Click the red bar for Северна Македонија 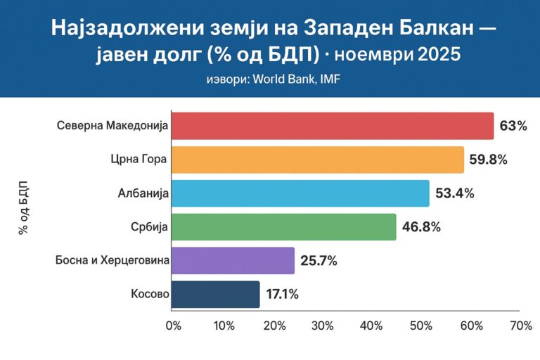(x=333, y=126)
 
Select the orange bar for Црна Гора (x=318, y=160)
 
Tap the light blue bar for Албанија (x=300, y=193)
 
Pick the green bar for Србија (x=284, y=226)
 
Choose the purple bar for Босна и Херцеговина (x=233, y=260)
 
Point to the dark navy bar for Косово (x=216, y=294)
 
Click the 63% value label (x=513, y=126)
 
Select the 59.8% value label (x=488, y=160)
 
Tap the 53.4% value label (x=455, y=193)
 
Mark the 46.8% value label (x=422, y=226)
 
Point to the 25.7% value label (x=319, y=261)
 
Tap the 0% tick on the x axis (x=173, y=326)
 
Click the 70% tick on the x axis (x=520, y=326)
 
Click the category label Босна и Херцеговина (x=112, y=261)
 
